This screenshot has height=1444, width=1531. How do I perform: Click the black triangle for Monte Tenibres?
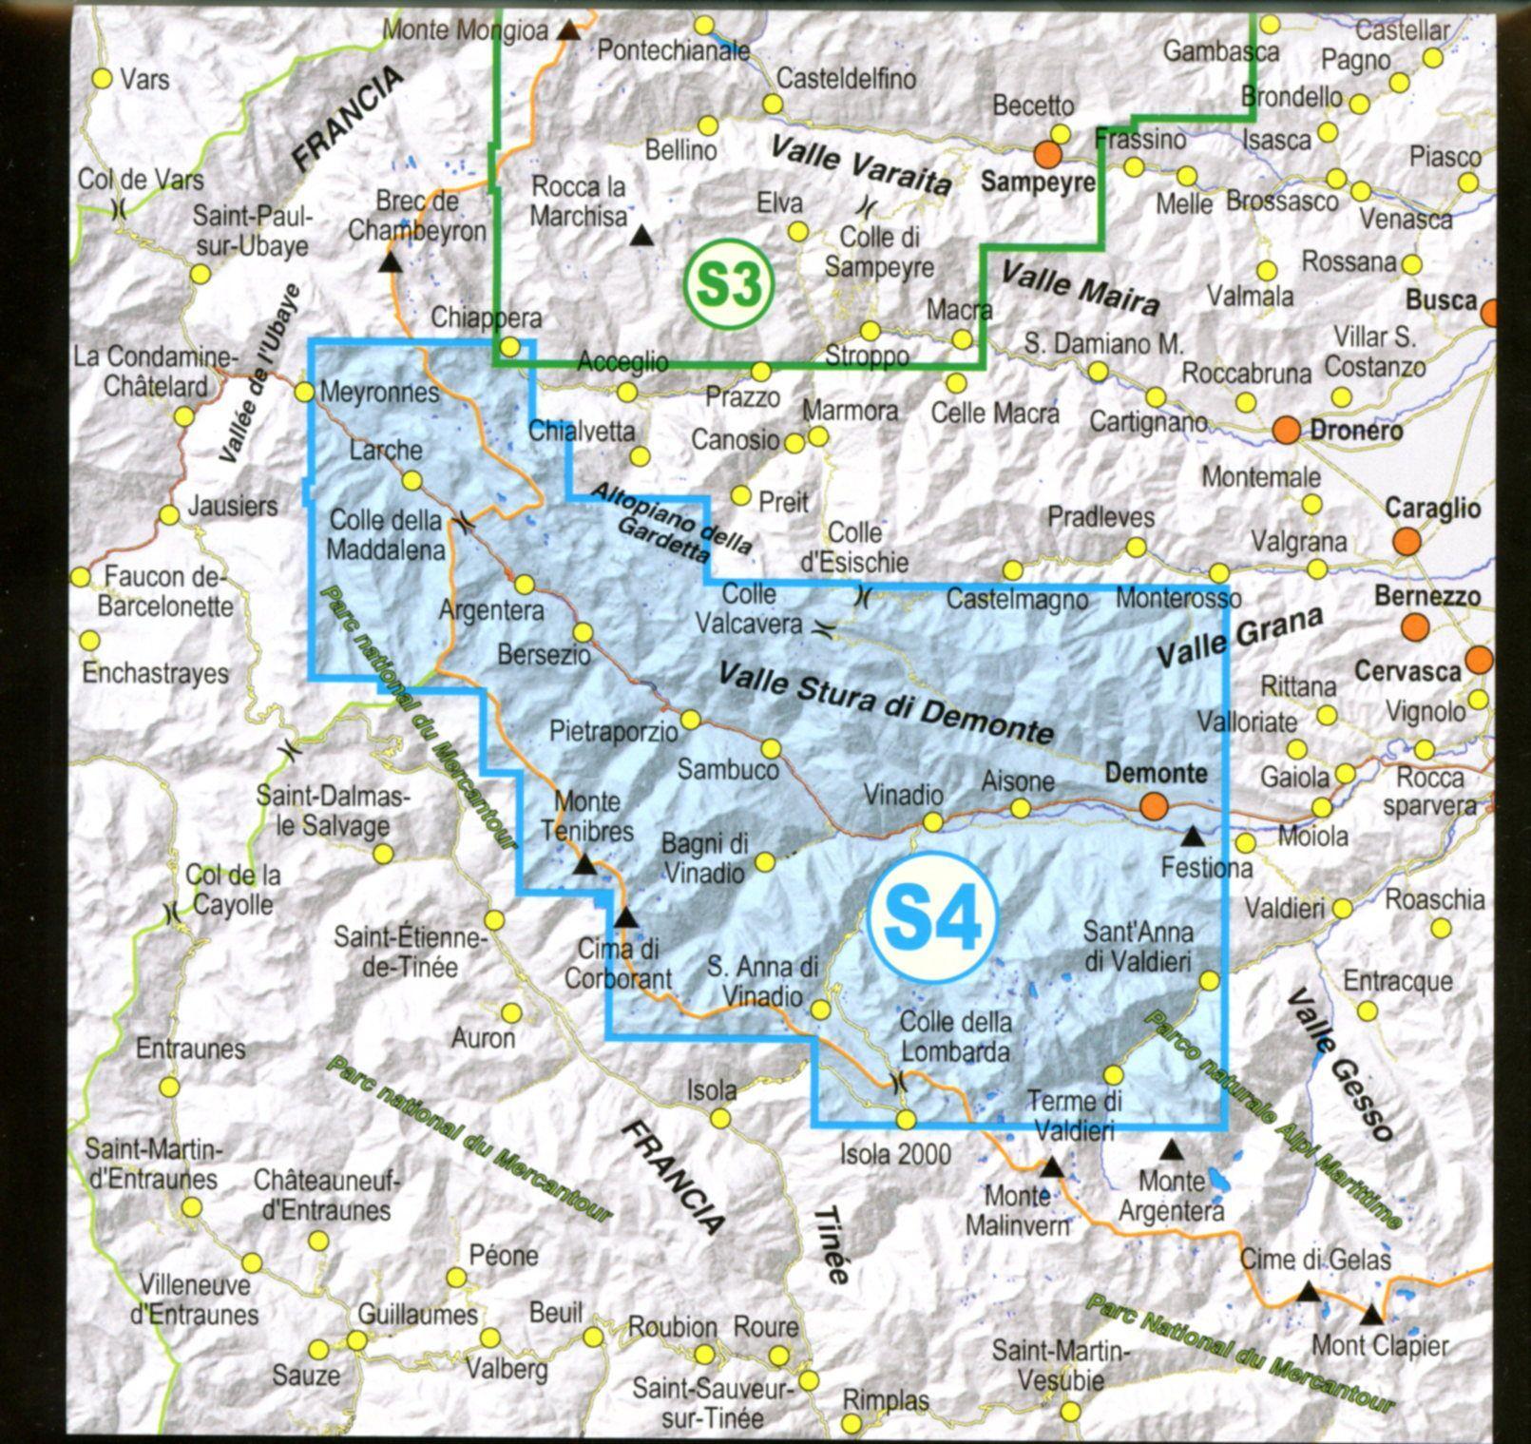point(585,865)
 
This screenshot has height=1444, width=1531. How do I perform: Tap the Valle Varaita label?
point(860,165)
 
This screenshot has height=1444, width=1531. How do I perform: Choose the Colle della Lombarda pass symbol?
point(897,1080)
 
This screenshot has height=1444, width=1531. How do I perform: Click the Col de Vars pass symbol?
point(119,208)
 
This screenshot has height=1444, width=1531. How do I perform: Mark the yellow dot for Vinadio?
point(933,821)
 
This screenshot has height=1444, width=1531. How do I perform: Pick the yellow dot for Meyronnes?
point(304,392)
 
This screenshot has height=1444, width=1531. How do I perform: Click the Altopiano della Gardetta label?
point(672,521)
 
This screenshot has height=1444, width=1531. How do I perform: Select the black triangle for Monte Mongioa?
point(568,31)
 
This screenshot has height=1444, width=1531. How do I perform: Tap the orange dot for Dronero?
point(1286,430)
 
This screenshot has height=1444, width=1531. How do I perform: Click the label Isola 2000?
point(894,1155)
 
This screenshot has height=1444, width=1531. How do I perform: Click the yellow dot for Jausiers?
point(169,515)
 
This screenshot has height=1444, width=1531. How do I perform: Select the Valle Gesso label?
point(1341,1065)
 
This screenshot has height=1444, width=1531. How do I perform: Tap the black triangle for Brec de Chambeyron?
point(389,263)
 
